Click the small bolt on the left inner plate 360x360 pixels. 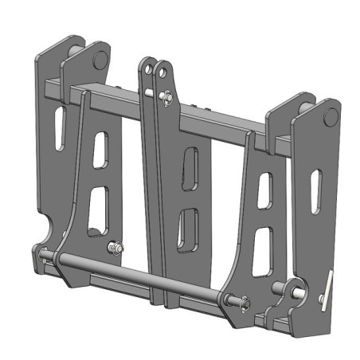point(117,249)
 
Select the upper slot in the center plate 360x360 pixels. point(190,170)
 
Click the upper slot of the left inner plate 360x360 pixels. point(100,150)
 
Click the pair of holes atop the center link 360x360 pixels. point(156,72)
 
